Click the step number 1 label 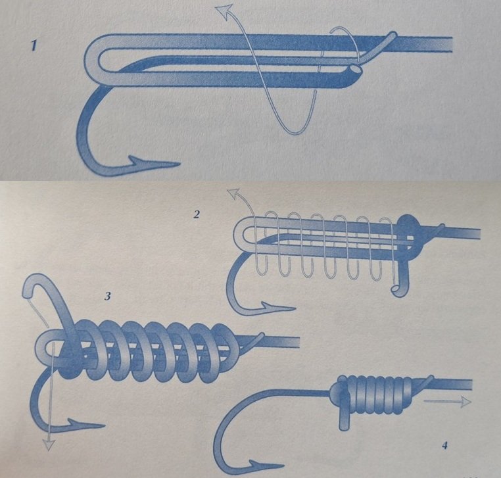(x=34, y=45)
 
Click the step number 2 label (x=197, y=214)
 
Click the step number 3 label (x=108, y=296)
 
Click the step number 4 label (x=444, y=445)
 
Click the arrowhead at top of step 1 (x=223, y=12)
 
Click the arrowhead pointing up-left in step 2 (x=233, y=194)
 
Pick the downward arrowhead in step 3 (x=48, y=444)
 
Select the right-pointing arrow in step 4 (x=447, y=401)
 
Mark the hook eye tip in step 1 (x=394, y=35)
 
